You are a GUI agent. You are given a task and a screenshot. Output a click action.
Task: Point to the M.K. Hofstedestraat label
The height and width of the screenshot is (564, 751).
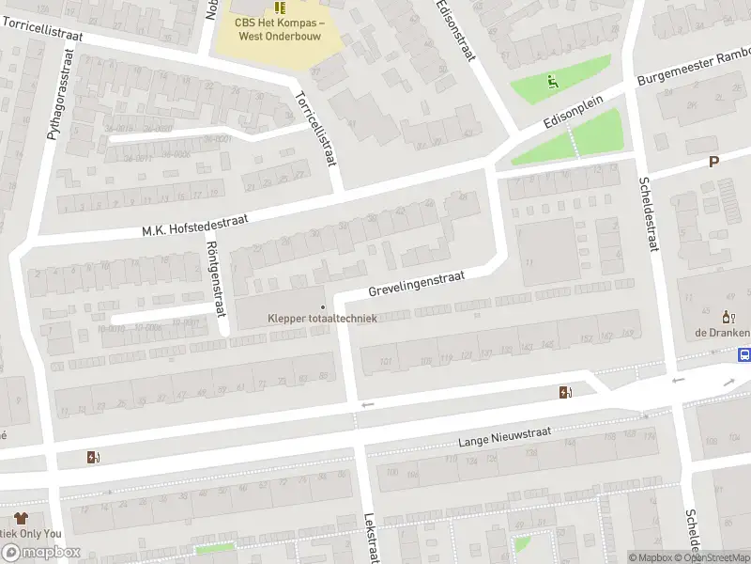[193, 224]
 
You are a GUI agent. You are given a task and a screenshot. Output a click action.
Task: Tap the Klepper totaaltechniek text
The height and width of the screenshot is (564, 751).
[322, 319]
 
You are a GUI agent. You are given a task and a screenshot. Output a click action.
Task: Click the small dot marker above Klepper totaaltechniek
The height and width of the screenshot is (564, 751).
[323, 305]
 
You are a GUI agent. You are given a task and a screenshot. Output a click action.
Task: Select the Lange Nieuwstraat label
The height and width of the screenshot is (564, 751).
[503, 435]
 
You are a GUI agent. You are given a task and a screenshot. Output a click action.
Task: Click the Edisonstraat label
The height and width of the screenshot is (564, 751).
[455, 31]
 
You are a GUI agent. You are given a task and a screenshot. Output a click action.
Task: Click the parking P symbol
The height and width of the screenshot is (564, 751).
[713, 162]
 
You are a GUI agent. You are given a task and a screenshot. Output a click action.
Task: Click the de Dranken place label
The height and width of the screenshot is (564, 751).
[722, 333]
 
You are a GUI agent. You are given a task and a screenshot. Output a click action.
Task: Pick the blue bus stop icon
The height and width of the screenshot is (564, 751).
[743, 355]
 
